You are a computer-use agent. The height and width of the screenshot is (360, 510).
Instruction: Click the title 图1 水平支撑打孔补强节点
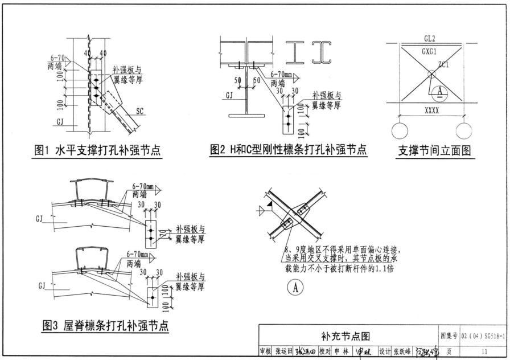click(96, 151)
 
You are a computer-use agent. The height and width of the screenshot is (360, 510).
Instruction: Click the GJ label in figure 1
click(61, 121)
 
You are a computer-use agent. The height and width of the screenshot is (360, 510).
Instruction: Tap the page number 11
click(485, 352)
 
